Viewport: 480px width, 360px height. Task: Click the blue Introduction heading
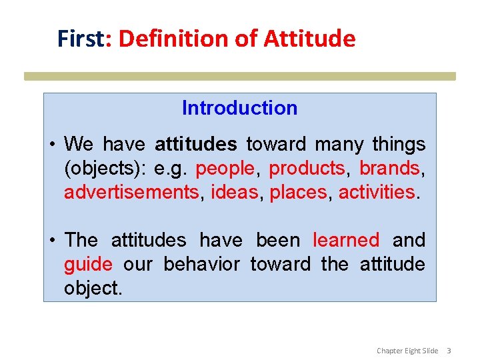coord(239,108)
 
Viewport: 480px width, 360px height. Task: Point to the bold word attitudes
coord(195,144)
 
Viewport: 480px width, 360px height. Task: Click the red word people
coord(225,169)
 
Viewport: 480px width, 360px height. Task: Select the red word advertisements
coord(131,193)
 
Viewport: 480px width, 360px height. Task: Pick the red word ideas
coord(234,193)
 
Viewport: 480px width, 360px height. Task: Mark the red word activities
coord(377,193)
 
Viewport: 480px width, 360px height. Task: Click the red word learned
coord(346,240)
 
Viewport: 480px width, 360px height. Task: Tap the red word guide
coord(88,265)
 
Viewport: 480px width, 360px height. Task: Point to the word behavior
coord(201,265)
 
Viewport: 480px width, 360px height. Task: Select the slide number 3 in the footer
coord(449,350)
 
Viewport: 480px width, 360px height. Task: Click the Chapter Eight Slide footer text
coord(407,350)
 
